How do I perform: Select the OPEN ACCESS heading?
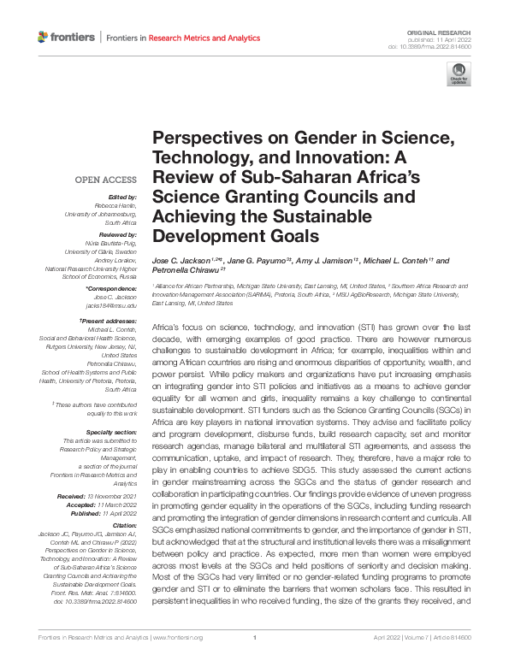(x=106, y=180)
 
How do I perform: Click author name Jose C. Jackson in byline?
(x=177, y=260)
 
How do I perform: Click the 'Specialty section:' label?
(x=111, y=433)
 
